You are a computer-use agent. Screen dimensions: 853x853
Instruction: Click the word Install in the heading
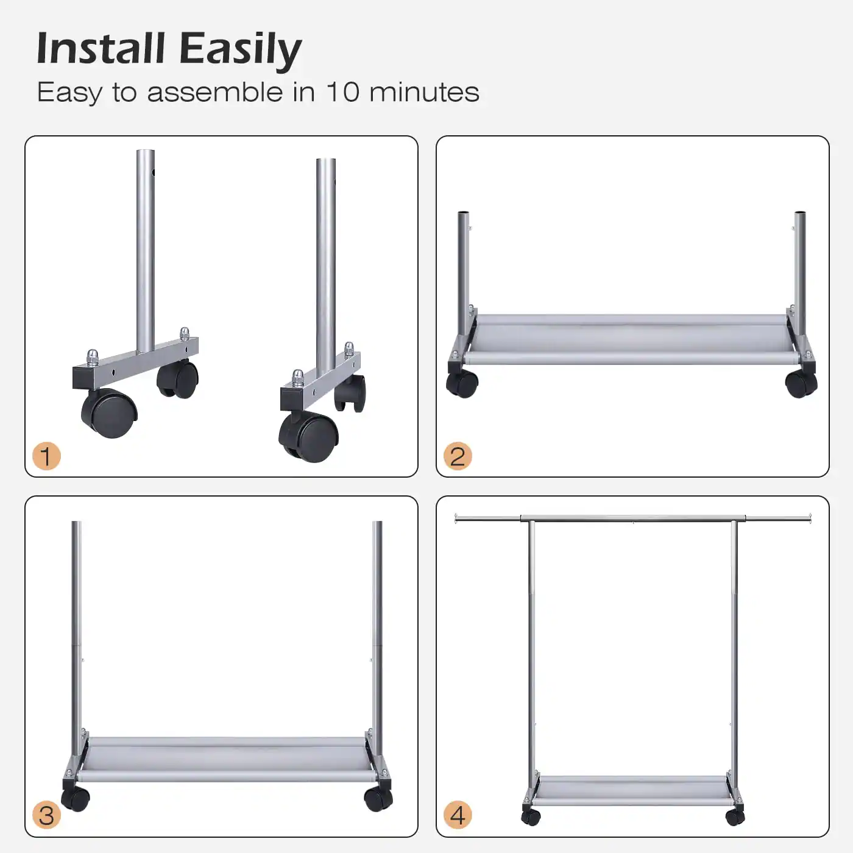tap(101, 49)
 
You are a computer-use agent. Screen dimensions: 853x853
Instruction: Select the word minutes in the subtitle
tap(424, 93)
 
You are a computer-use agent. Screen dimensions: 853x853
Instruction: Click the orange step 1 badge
tap(46, 456)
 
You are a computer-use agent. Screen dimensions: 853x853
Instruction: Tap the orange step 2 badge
tap(458, 456)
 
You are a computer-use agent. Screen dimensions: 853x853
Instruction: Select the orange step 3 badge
tap(46, 815)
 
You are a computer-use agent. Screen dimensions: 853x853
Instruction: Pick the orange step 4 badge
tap(458, 815)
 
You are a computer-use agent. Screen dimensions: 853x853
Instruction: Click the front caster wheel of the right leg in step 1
tap(309, 437)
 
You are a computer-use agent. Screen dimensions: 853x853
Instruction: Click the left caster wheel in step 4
tap(531, 816)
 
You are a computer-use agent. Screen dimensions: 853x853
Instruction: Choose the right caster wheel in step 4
tap(735, 816)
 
